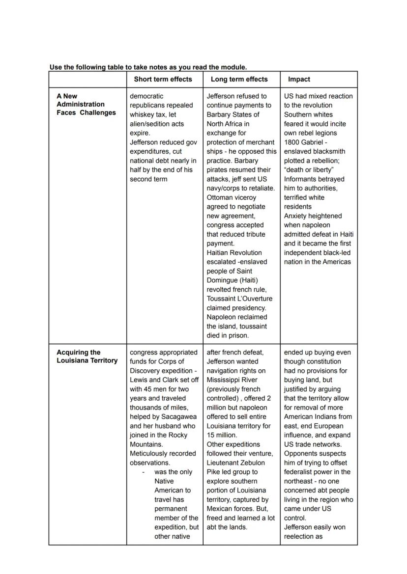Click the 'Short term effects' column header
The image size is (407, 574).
[163, 79]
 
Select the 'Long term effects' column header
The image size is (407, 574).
[239, 79]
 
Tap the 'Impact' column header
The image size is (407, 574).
[299, 79]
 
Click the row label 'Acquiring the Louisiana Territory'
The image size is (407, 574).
[87, 356]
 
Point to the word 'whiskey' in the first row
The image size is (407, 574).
[142, 114]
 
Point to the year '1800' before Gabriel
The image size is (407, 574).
[292, 142]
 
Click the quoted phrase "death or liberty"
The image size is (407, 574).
[309, 170]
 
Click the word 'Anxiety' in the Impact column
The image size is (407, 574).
[296, 216]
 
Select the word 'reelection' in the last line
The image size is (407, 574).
[300, 537]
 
